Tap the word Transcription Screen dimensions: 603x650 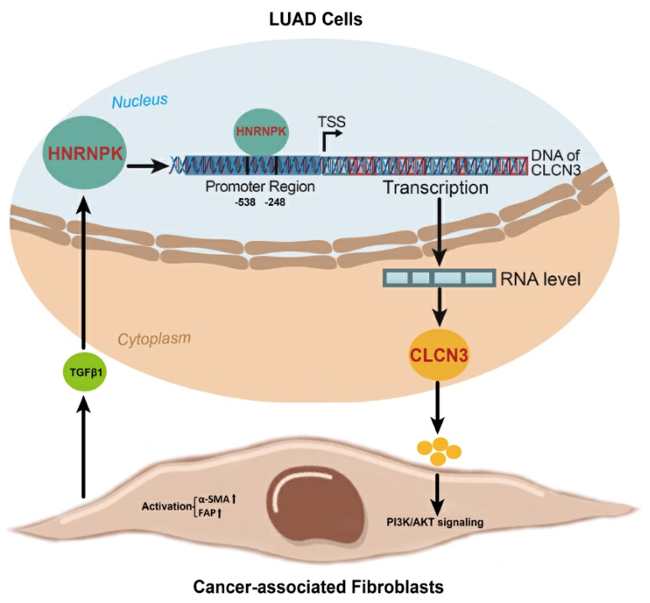point(436,188)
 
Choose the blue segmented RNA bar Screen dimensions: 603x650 point(438,278)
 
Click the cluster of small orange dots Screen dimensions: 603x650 point(439,451)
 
